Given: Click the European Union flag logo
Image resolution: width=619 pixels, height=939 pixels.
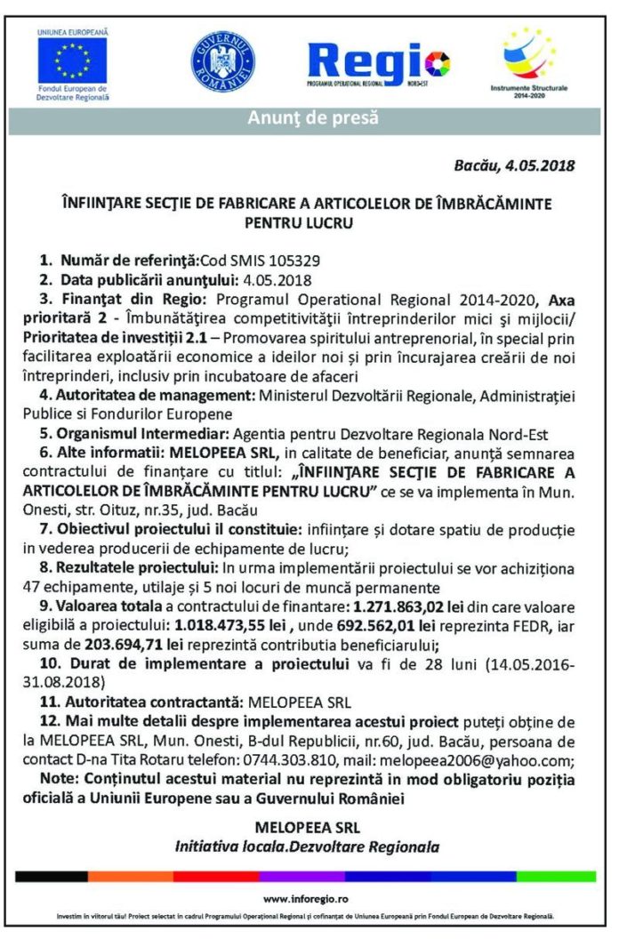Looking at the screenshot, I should point(72,60).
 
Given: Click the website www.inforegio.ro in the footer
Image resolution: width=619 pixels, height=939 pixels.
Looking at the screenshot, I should point(305,899).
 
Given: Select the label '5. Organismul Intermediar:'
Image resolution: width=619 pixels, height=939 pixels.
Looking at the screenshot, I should point(133,435).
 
